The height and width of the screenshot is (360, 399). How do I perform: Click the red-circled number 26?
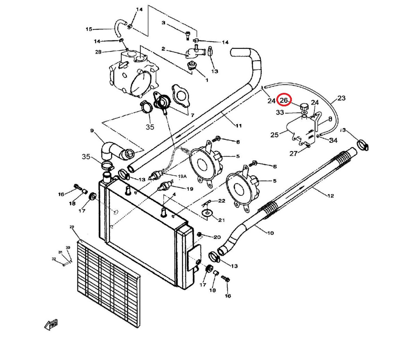(284, 100)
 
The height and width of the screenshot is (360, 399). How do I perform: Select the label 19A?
(182, 176)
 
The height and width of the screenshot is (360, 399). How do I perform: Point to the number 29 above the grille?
(72, 227)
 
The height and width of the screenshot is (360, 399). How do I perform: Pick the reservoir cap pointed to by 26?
(304, 106)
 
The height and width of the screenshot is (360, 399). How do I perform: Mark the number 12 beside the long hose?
(330, 196)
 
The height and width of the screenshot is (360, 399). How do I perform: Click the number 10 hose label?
(270, 233)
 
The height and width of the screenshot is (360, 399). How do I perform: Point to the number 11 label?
(238, 125)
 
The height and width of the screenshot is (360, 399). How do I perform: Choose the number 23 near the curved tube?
(341, 98)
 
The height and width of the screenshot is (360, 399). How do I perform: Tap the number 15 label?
(89, 29)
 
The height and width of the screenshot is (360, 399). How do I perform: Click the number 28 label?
(98, 52)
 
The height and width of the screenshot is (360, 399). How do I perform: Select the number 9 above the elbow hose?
(92, 131)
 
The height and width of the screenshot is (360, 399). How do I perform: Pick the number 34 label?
(333, 140)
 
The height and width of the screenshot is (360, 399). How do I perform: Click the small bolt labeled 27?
(307, 146)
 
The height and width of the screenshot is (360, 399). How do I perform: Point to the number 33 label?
(280, 112)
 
